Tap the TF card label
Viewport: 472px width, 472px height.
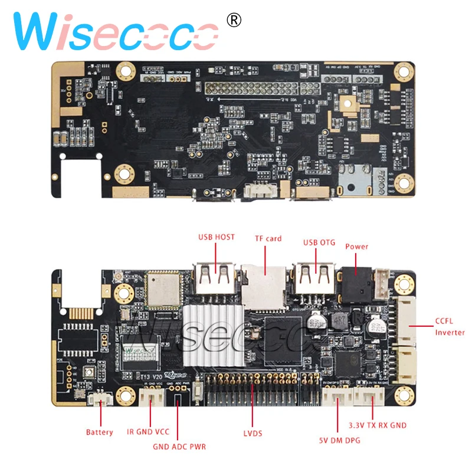[x=268, y=238]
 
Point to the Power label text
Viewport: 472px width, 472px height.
[x=356, y=247]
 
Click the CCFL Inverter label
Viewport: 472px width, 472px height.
[x=450, y=327]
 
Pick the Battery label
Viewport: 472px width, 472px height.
[x=99, y=432]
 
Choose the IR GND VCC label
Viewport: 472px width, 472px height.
[x=147, y=432]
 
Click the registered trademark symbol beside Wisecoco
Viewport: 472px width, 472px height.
[x=234, y=21]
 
